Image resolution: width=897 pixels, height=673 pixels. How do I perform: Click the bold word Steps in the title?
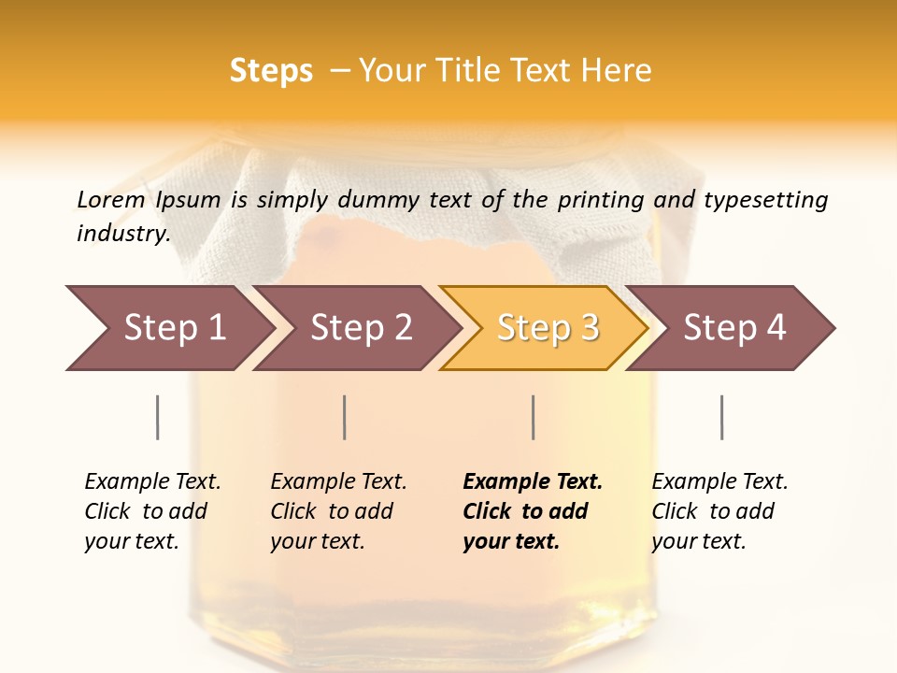pyautogui.click(x=271, y=71)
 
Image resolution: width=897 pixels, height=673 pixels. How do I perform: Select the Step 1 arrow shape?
pyautogui.click(x=168, y=327)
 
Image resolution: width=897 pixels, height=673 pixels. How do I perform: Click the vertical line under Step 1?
pyautogui.click(x=158, y=417)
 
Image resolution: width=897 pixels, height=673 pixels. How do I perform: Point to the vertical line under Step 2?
pyautogui.click(x=345, y=417)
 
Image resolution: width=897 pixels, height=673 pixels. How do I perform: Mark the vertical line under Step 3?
pyautogui.click(x=534, y=417)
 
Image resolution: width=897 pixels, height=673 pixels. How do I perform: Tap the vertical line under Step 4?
pyautogui.click(x=721, y=417)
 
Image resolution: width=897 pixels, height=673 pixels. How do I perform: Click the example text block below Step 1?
pyautogui.click(x=152, y=511)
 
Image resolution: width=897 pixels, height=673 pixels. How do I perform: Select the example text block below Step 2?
pyautogui.click(x=338, y=511)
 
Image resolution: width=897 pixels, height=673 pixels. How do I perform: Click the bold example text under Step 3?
pyautogui.click(x=533, y=511)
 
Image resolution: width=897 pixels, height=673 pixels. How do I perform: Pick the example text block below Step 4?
pyautogui.click(x=719, y=511)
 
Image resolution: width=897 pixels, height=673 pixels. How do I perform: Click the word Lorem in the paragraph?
pyautogui.click(x=111, y=199)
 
